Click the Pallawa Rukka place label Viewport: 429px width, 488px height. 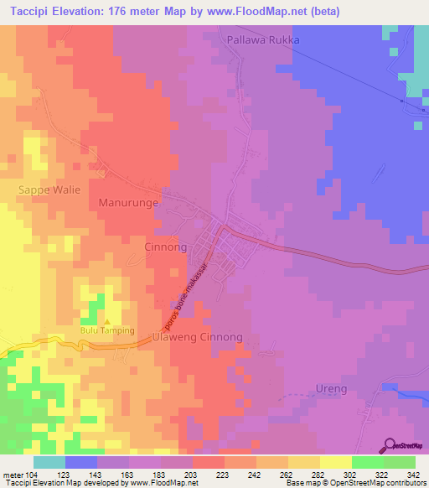262,39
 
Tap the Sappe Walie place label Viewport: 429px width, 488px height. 49,189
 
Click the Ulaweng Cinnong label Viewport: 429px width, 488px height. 198,337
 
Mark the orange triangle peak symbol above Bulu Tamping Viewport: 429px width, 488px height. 106,322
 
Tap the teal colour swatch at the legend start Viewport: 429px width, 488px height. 49,462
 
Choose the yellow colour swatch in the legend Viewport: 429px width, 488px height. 336,462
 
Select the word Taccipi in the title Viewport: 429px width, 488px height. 31,11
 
